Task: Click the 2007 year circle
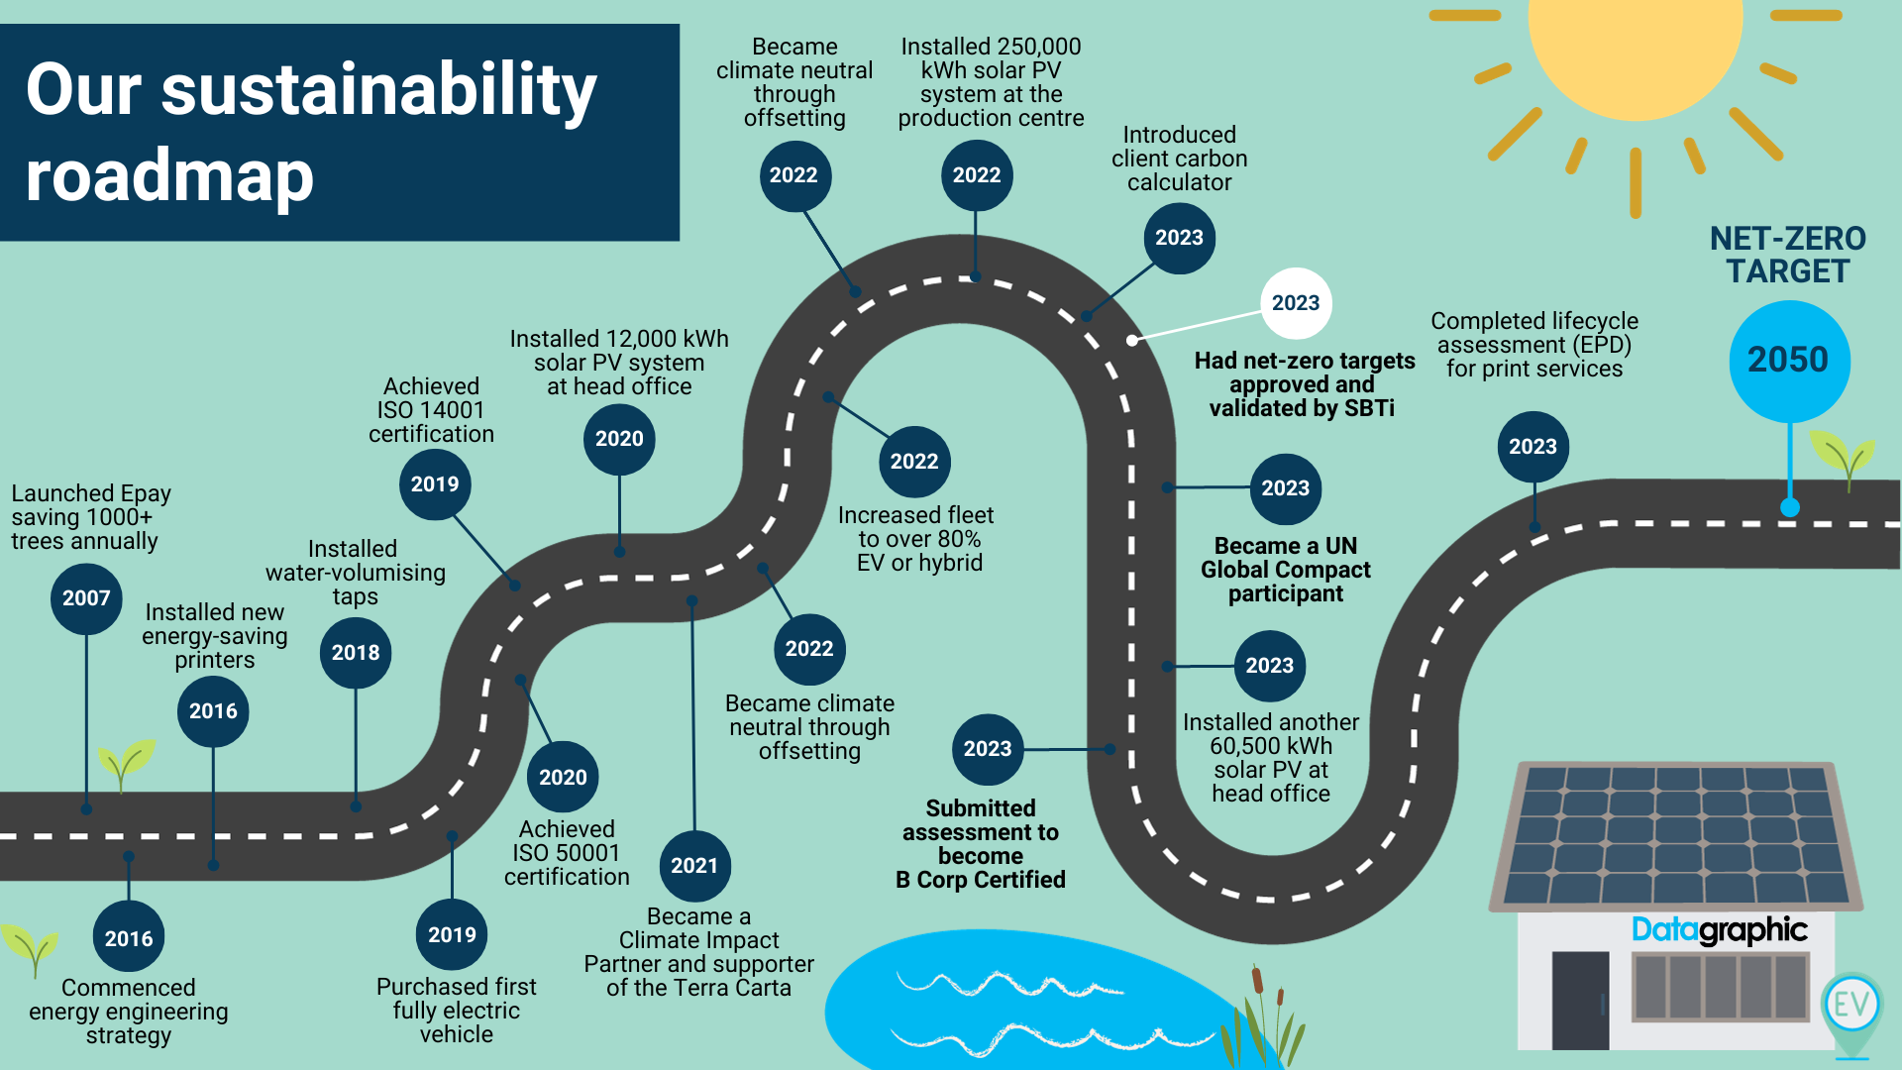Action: [x=86, y=598]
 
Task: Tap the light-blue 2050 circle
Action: [x=1788, y=360]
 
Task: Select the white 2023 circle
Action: [x=1296, y=303]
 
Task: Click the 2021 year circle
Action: [x=694, y=866]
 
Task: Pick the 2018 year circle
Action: [x=356, y=653]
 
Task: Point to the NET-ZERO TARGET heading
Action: [x=1787, y=255]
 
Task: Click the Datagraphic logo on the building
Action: [x=1719, y=929]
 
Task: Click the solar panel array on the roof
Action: [x=1676, y=834]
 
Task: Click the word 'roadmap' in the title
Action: [x=169, y=176]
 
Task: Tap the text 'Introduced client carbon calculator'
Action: [x=1179, y=159]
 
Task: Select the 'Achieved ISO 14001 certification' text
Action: [x=431, y=410]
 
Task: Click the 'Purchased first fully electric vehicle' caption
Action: [x=456, y=1011]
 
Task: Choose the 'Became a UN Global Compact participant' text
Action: [x=1286, y=570]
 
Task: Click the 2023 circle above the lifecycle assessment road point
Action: [x=1532, y=447]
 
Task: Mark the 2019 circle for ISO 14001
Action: [x=435, y=484]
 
